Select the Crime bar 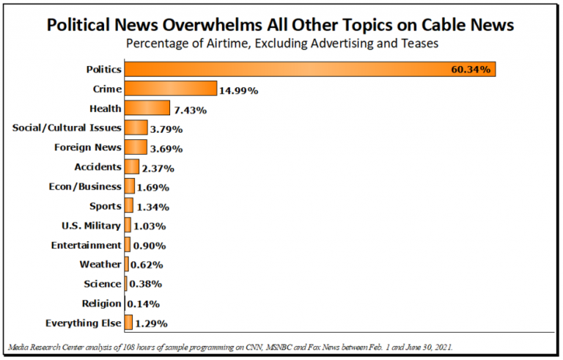click(171, 89)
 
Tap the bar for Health click(147, 109)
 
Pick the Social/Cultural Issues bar click(136, 128)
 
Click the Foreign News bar click(136, 147)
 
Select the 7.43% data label click(190, 110)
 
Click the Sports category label click(105, 206)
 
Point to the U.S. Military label click(92, 225)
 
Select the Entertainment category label click(87, 245)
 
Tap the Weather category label click(100, 264)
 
